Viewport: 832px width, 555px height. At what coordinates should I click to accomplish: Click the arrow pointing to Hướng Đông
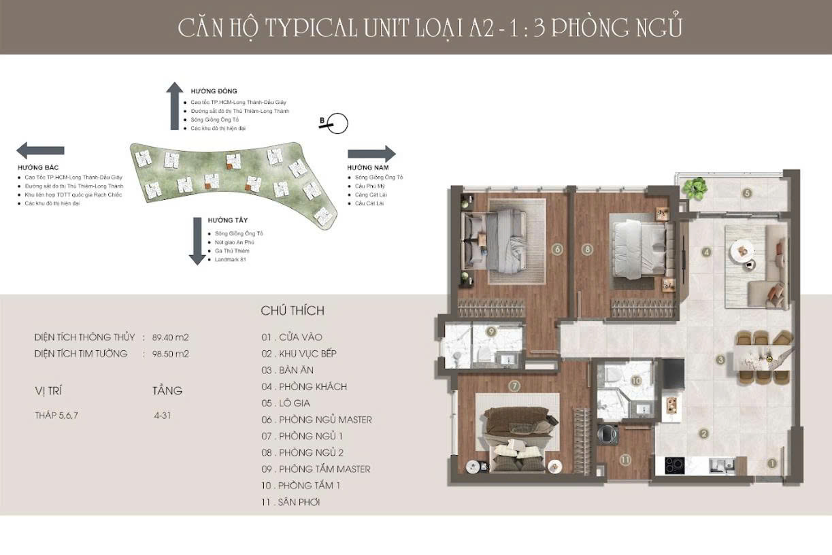point(174,105)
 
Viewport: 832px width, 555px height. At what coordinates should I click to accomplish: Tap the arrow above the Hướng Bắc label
point(41,150)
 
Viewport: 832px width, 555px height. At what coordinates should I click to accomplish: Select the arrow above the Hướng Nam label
point(371,154)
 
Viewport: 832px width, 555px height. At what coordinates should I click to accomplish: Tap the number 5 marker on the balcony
point(747,193)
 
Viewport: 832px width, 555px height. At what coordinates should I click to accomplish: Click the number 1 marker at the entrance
point(771,464)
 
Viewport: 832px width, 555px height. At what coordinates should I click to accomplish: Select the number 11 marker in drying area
point(625,460)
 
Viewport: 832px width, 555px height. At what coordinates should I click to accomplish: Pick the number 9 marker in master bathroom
point(490,331)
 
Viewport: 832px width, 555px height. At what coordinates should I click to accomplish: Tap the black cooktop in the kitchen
point(673,465)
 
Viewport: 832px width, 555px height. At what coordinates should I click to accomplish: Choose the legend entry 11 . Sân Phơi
point(290,502)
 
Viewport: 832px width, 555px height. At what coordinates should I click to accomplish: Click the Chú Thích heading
point(293,311)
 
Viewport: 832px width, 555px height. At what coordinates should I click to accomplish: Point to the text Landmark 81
point(229,260)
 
